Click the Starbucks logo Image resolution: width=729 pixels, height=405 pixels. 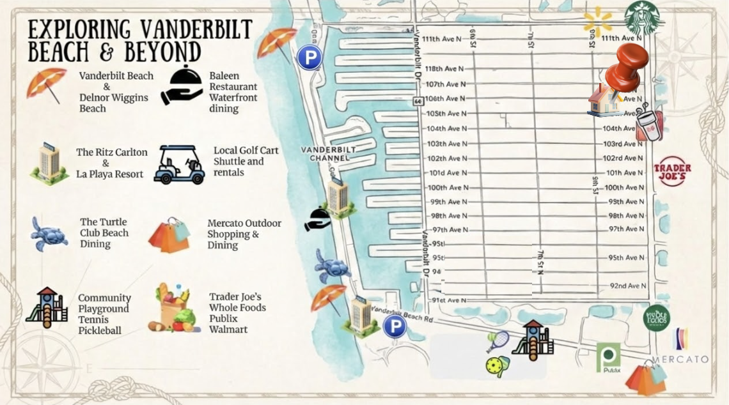click(641, 17)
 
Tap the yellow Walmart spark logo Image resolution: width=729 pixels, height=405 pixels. click(597, 21)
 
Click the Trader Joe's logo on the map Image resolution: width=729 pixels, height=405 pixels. click(671, 171)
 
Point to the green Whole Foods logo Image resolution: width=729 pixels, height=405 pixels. click(656, 317)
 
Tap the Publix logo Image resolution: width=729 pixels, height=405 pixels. click(608, 357)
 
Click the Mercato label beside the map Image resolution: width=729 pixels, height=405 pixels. click(680, 359)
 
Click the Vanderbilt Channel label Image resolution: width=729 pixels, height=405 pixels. click(328, 153)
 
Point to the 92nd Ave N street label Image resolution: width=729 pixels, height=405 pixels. click(627, 286)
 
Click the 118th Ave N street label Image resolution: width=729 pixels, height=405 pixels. click(444, 68)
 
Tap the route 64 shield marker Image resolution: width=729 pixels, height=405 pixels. click(418, 101)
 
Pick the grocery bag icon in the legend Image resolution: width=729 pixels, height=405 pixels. click(173, 308)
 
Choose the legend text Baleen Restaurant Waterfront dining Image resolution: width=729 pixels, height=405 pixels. click(233, 92)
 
